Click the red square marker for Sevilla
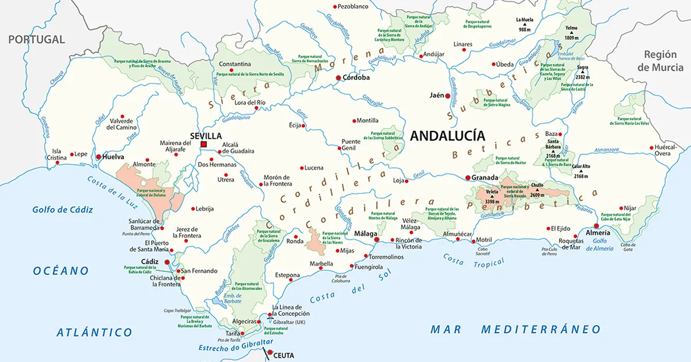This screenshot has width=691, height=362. click(203, 144)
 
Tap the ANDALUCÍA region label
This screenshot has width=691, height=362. click(447, 136)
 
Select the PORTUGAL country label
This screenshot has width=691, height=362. click(36, 39)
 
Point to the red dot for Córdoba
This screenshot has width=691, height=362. click(339, 77)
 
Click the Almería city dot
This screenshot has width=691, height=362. click(597, 226)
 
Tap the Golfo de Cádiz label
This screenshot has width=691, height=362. click(63, 209)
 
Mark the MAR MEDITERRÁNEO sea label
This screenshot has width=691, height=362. click(516, 329)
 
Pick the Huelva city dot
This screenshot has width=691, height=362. click(98, 156)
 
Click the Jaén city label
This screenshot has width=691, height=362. click(436, 96)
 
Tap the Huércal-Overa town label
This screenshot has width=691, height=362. click(667, 150)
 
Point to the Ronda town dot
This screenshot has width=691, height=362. click(296, 236)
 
